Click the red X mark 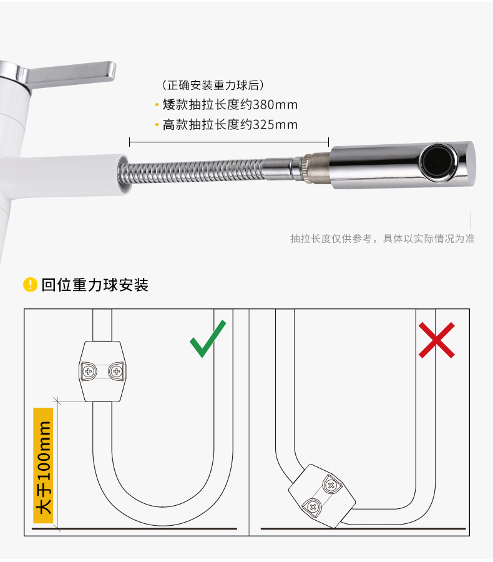[x=436, y=340]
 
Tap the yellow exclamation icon [x=30, y=285]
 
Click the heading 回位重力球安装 [x=95, y=285]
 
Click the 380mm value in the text [x=275, y=105]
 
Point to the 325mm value [x=275, y=125]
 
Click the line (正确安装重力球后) [x=213, y=86]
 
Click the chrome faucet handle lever [x=72, y=74]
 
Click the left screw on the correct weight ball [x=89, y=372]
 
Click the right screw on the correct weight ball [x=116, y=372]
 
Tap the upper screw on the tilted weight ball [x=331, y=486]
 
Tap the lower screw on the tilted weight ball [x=313, y=507]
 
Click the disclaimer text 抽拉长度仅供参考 [x=331, y=239]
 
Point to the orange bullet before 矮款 [x=157, y=105]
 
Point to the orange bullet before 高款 [x=157, y=125]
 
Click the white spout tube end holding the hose [x=123, y=174]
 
